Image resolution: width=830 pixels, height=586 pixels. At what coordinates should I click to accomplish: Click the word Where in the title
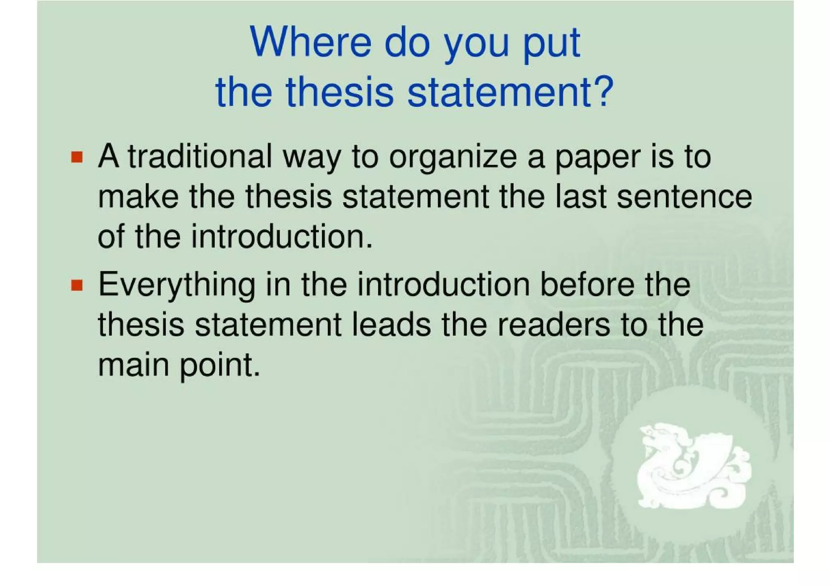point(310,42)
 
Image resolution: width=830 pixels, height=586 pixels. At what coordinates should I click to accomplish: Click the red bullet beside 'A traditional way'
point(77,157)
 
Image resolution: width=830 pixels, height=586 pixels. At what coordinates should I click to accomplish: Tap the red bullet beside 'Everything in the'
point(77,285)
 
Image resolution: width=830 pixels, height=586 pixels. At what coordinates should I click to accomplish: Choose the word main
point(133,365)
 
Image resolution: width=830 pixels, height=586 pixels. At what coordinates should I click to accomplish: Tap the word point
point(219,366)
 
